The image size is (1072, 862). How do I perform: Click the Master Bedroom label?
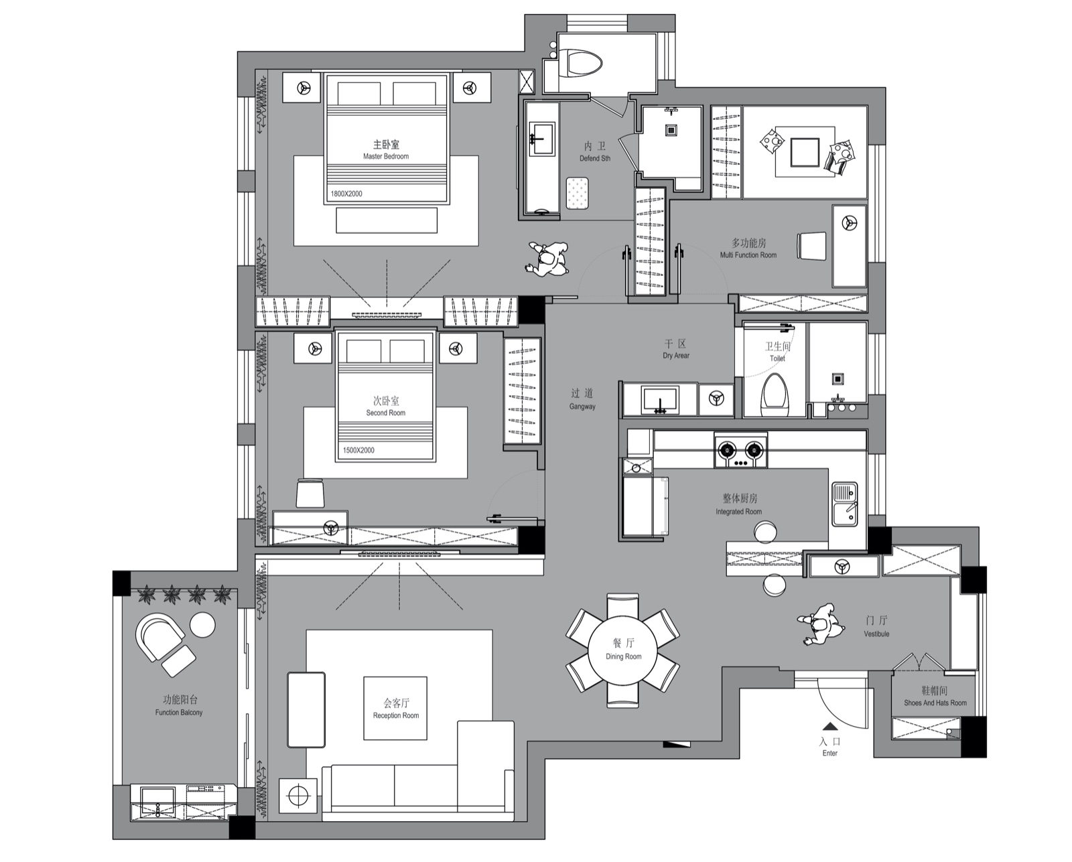pyautogui.click(x=386, y=150)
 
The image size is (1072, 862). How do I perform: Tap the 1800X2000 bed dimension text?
pyautogui.click(x=346, y=194)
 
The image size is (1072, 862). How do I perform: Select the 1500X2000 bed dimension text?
pyautogui.click(x=358, y=450)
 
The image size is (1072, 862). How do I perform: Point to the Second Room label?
pyautogui.click(x=386, y=407)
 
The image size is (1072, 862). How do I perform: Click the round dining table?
pyautogui.click(x=624, y=650)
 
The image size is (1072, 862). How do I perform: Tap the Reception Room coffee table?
pyautogui.click(x=395, y=708)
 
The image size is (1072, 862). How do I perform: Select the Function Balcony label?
pyautogui.click(x=178, y=706)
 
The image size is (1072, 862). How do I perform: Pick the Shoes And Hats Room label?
pyautogui.click(x=935, y=697)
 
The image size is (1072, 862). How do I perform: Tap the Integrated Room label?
pyautogui.click(x=739, y=505)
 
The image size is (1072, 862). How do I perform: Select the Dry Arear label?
pyautogui.click(x=676, y=349)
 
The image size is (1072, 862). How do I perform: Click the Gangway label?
pyautogui.click(x=582, y=400)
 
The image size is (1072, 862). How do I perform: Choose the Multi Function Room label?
pyautogui.click(x=748, y=248)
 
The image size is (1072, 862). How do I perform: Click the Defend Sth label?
pyautogui.click(x=595, y=151)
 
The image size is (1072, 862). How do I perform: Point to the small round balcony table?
pyautogui.click(x=202, y=625)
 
